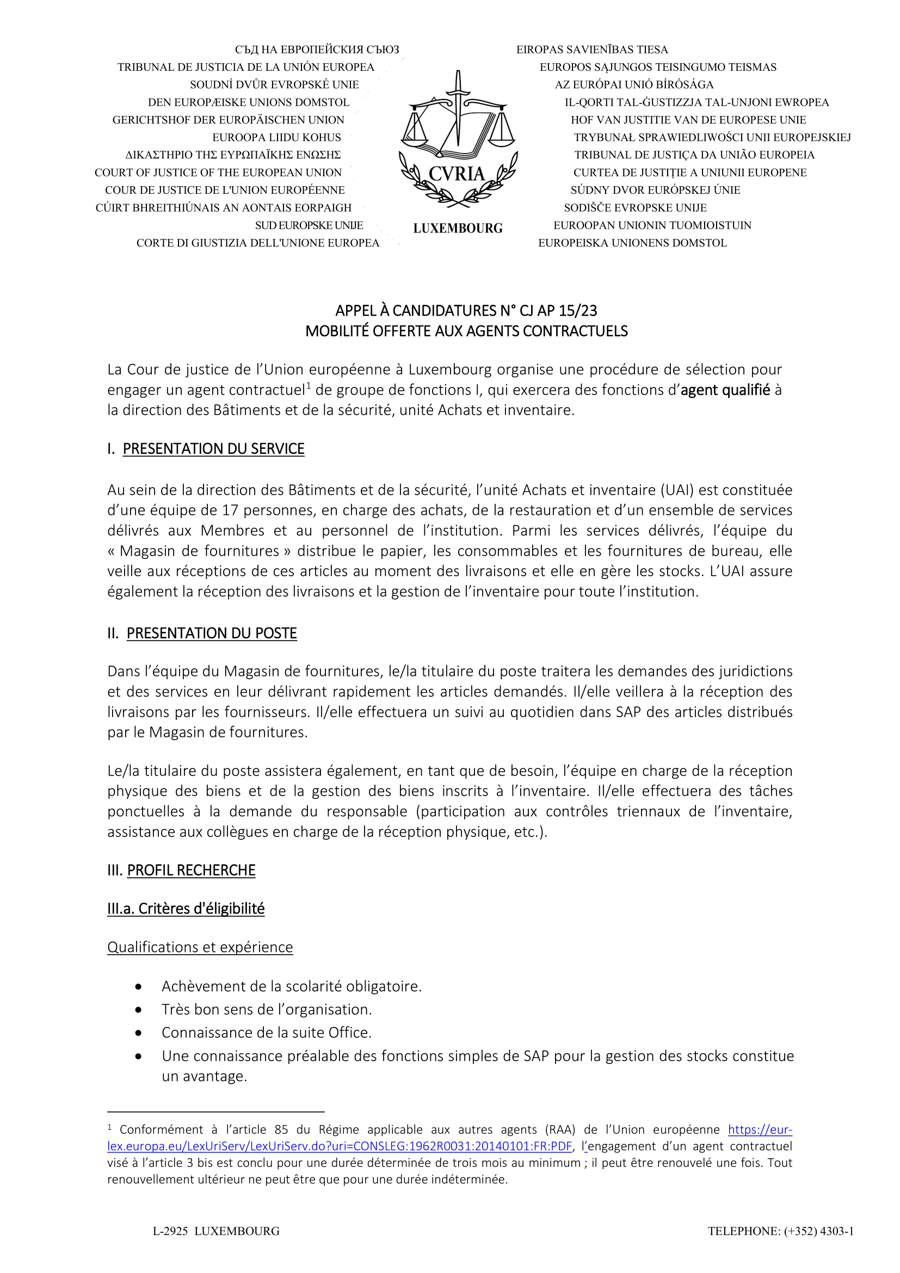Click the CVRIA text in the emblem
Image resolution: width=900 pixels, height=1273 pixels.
457,174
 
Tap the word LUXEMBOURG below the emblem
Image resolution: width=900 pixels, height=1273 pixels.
458,229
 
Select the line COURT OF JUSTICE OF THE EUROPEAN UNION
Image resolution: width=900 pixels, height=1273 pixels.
218,173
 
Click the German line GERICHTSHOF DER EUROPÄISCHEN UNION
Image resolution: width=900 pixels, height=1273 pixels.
229,120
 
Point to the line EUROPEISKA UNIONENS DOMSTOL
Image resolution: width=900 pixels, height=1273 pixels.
632,243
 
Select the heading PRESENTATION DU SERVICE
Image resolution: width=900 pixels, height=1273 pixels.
213,448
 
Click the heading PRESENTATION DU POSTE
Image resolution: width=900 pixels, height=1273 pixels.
212,633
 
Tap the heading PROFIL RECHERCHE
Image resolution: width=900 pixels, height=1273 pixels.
191,870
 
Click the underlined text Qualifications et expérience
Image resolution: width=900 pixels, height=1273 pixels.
200,947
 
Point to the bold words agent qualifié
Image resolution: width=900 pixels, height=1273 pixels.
725,390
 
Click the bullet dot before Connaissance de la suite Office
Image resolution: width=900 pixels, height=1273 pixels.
138,1033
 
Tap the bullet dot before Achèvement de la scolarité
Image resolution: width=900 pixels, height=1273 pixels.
138,987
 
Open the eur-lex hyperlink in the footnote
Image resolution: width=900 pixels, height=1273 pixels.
339,1146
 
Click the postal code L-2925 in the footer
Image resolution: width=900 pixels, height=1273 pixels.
170,1232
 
